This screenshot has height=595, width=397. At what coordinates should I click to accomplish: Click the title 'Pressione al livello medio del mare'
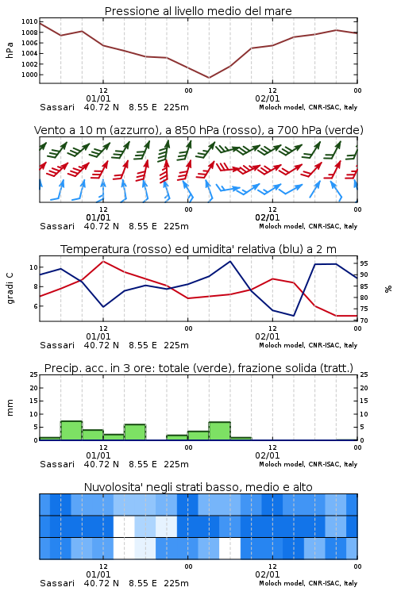point(198,11)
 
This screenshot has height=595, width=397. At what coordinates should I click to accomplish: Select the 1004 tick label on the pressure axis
point(29,53)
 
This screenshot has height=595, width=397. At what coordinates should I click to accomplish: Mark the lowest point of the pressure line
point(209,78)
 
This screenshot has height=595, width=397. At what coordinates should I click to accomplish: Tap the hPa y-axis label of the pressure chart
point(10,50)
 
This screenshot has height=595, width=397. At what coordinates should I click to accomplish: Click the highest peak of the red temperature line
point(103,261)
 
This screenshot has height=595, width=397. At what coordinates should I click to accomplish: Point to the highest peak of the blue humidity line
point(229,261)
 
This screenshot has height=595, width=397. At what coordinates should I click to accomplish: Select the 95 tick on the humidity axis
point(364,263)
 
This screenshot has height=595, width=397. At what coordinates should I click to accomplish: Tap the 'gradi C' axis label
point(10,288)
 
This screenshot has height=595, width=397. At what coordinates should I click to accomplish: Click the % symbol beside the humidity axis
point(388,289)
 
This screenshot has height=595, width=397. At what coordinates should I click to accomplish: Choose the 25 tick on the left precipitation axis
point(34,375)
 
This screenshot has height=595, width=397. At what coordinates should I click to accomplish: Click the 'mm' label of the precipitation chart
point(10,408)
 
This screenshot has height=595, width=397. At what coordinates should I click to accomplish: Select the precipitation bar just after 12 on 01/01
point(114,437)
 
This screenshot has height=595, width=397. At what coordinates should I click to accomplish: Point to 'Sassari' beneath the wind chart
point(57,226)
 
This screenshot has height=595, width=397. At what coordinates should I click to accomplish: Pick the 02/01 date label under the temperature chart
point(267,336)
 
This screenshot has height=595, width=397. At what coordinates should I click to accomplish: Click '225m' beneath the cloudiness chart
point(176,583)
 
